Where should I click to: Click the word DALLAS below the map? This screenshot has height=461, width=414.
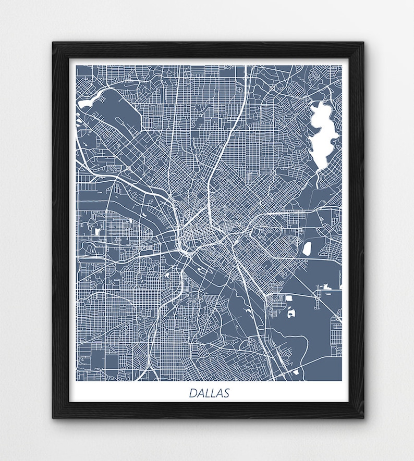(209, 393)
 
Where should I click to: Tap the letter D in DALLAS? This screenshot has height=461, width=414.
(193, 393)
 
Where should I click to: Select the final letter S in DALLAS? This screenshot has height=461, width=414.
(226, 393)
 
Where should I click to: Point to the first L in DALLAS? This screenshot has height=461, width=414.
(208, 393)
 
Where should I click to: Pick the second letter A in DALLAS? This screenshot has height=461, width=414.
(219, 393)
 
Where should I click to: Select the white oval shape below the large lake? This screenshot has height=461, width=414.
(307, 248)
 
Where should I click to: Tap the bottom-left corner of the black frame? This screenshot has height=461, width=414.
(54, 417)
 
